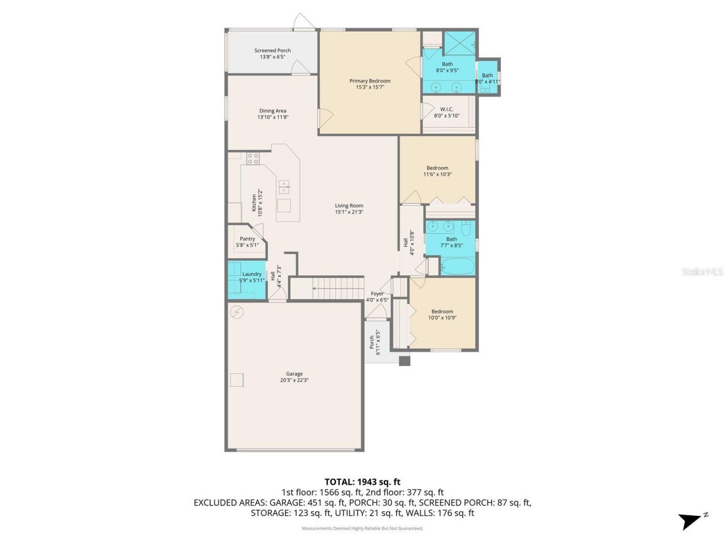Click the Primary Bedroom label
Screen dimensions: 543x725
tap(369, 81)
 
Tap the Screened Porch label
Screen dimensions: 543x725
tap(272, 50)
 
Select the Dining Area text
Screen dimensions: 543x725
tap(272, 111)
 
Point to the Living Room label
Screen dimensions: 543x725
tap(349, 206)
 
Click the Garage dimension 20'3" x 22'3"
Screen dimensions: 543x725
tap(294, 380)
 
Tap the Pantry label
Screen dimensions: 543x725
tap(247, 239)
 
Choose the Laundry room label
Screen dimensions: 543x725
tap(252, 274)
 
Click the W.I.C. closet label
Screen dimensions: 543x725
tap(446, 109)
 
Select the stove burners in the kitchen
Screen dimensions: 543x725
tap(253, 158)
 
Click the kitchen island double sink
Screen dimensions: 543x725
tap(284, 184)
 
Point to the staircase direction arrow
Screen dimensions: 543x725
tap(315, 288)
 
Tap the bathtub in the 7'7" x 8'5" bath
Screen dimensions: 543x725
tap(458, 266)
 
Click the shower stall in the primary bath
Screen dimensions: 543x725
tap(459, 43)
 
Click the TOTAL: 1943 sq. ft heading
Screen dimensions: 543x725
tap(362, 482)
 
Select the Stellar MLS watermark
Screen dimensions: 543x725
tap(702, 272)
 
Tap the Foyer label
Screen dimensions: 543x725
tap(377, 294)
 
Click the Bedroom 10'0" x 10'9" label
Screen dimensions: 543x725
tap(442, 311)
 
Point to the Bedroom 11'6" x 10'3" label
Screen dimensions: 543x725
tap(437, 168)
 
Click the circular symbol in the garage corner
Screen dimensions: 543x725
tap(237, 312)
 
